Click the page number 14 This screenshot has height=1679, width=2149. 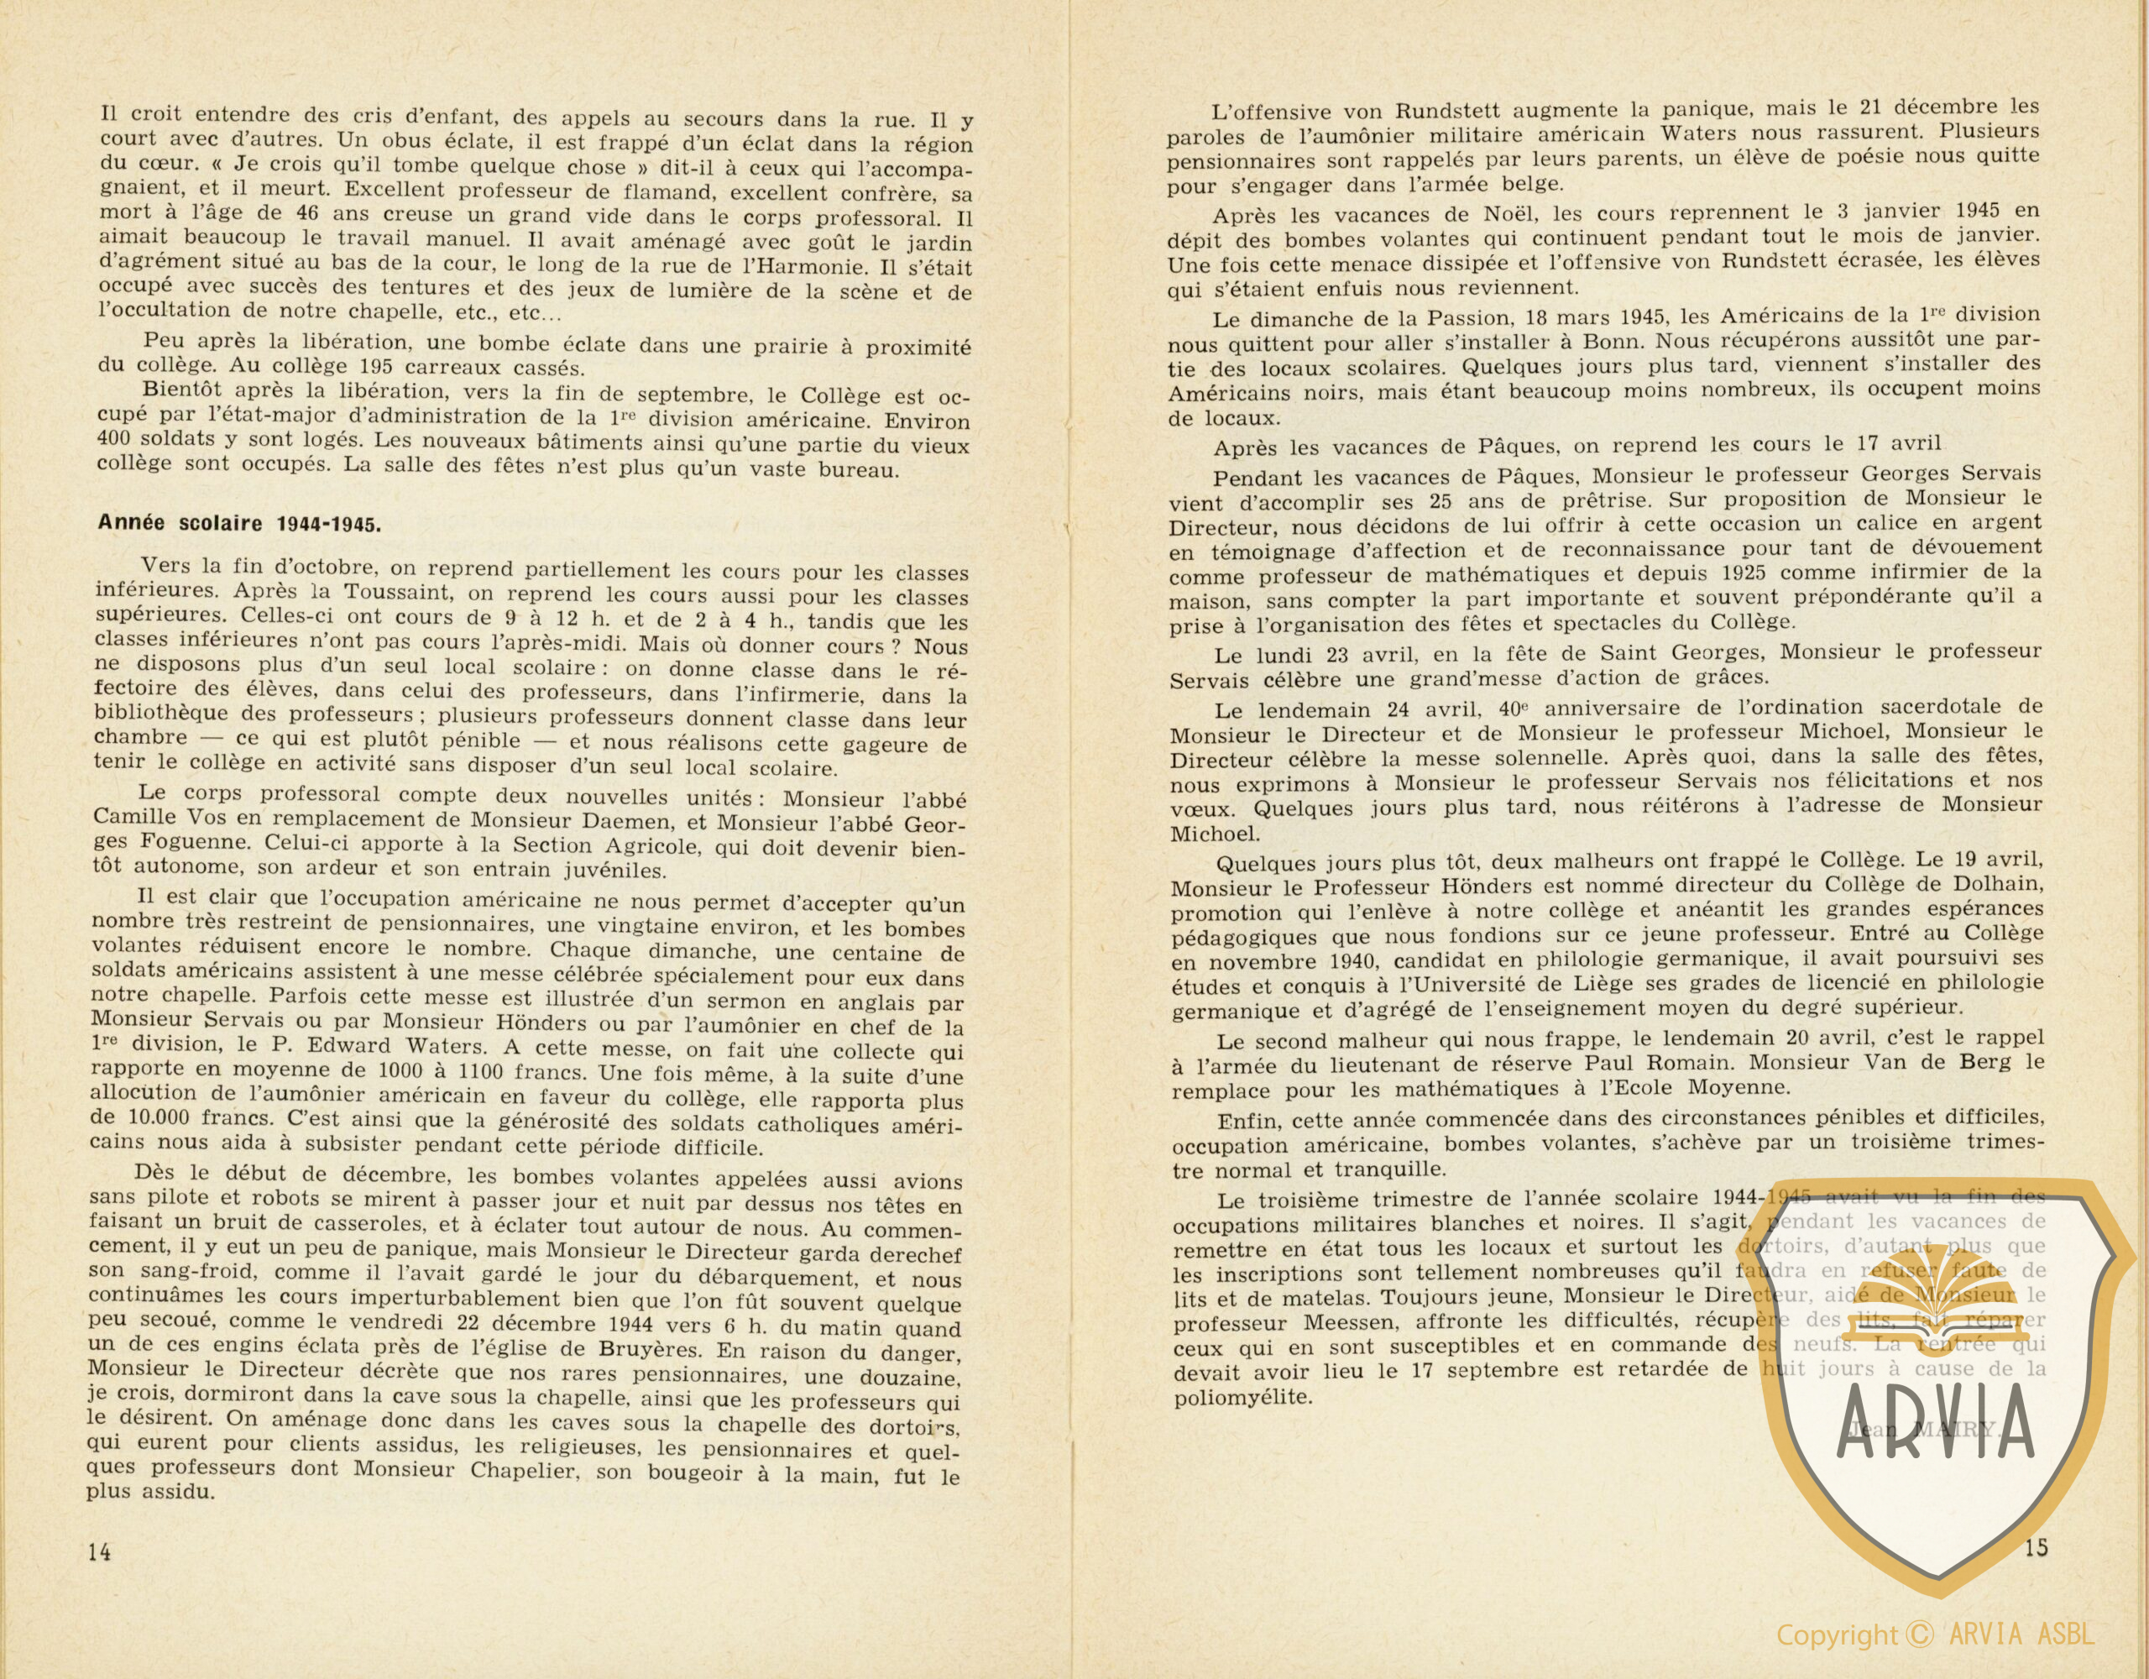tap(99, 1552)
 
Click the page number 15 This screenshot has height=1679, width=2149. tap(2036, 1547)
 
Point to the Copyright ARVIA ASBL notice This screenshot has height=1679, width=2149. tap(1934, 1635)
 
